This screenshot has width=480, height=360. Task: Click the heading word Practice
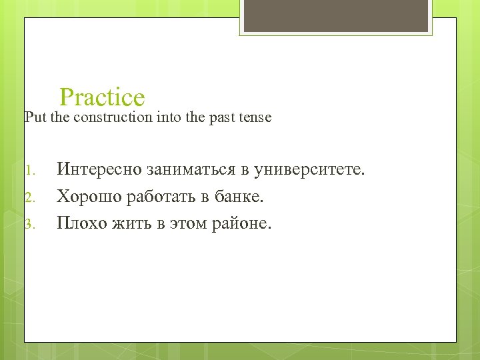click(102, 97)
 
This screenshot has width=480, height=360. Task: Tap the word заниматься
click(193, 169)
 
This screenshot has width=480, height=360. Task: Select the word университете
click(311, 169)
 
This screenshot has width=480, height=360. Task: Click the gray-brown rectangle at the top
click(335, 16)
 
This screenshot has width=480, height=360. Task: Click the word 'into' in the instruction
click(166, 117)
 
